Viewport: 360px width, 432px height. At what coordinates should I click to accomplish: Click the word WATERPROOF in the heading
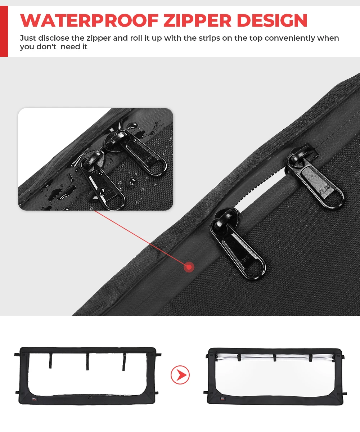point(89,20)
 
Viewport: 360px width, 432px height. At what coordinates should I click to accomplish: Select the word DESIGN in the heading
point(272,20)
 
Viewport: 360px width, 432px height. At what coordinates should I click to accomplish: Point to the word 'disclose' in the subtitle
point(54,38)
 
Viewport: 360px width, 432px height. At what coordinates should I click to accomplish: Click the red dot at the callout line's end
point(189,267)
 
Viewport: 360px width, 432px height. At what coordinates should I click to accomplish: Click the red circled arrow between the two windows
point(180,375)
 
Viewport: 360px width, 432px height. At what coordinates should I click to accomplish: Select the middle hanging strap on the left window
point(87,362)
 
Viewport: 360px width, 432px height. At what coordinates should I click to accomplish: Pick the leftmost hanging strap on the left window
point(50,361)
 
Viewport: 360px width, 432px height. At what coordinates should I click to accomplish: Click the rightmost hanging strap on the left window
point(124,362)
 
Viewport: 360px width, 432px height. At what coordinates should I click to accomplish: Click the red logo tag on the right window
point(222,398)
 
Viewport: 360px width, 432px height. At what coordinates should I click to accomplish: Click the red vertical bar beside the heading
point(4,31)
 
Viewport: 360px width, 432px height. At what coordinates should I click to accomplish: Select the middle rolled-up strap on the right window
point(275,358)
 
